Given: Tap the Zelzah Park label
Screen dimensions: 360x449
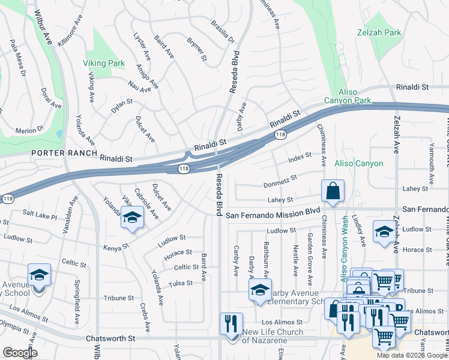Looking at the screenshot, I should pos(378,32).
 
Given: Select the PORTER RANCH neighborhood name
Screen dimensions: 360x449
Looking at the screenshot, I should pos(64,153).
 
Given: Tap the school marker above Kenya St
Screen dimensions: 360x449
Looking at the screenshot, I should pos(132,217).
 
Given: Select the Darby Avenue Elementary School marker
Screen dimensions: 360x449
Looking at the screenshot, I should pos(261,290).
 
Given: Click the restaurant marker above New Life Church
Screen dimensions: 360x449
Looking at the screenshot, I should pos(231,324).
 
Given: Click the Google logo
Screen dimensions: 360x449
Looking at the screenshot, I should pos(20,352).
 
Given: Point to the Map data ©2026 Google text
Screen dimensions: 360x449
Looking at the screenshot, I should pos(411,355).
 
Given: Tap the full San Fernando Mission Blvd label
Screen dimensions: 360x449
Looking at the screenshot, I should pos(273,212).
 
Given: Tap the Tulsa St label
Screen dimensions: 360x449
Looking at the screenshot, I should pos(181,283).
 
